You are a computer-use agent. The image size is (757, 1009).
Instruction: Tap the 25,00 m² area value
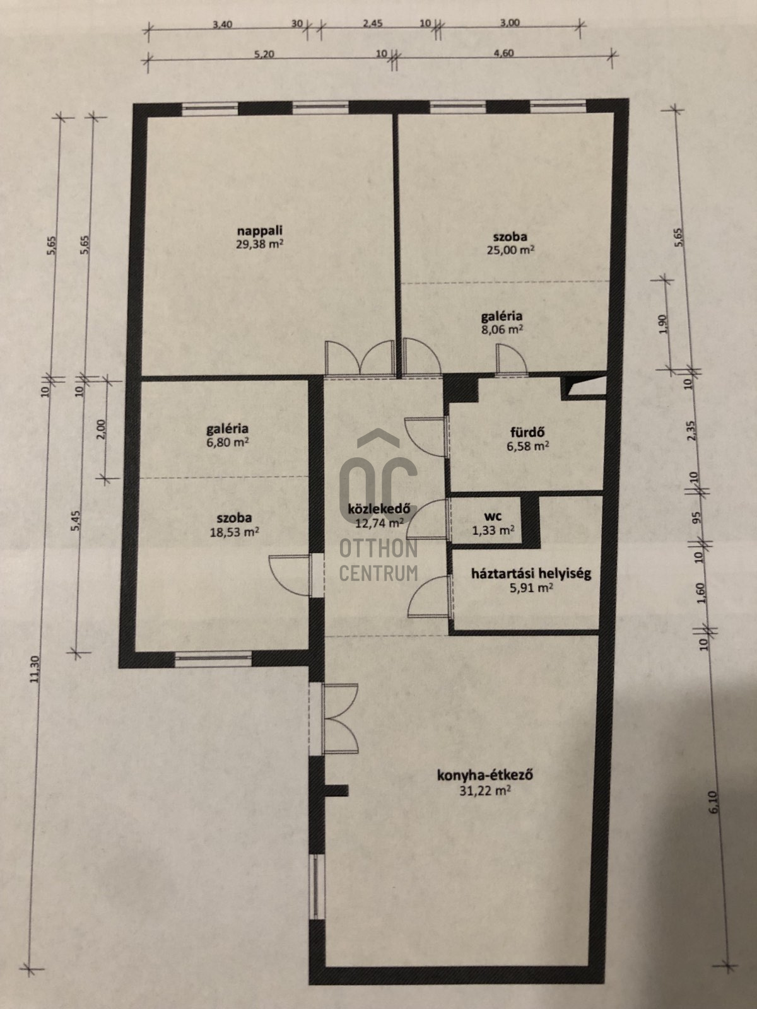click(x=510, y=250)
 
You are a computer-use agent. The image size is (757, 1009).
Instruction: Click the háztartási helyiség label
click(x=531, y=573)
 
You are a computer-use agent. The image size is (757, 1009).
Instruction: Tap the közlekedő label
click(x=379, y=510)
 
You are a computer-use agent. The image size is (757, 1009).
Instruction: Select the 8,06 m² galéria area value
click(x=502, y=329)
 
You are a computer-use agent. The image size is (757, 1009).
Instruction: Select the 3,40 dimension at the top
click(x=223, y=25)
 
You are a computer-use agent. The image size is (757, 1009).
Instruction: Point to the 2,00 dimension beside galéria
click(x=102, y=429)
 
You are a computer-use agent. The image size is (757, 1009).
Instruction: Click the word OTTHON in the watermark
click(x=378, y=549)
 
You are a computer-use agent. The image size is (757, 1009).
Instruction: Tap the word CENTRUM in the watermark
click(x=378, y=573)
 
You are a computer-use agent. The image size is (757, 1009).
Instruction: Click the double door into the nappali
click(x=360, y=359)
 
